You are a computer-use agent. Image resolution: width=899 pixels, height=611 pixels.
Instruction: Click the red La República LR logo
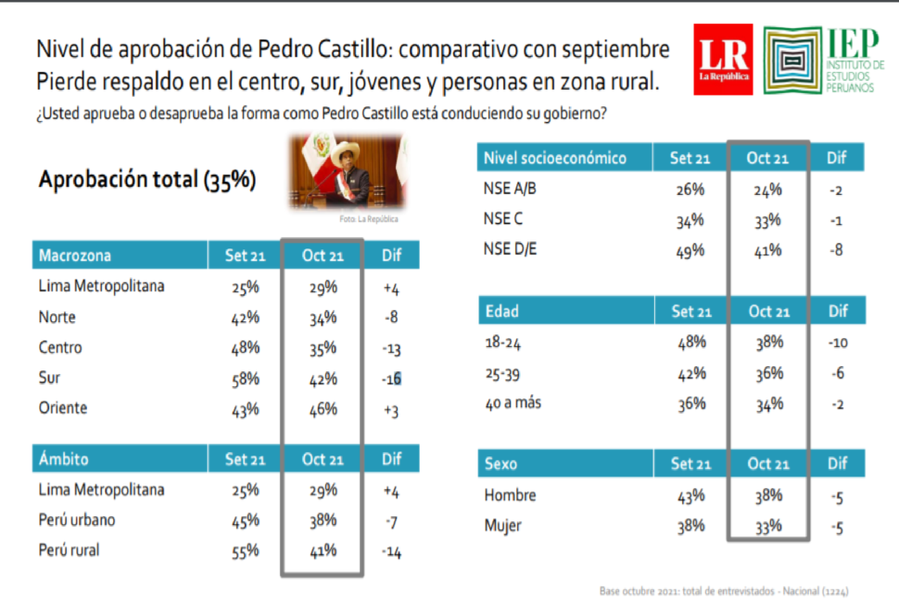point(723,59)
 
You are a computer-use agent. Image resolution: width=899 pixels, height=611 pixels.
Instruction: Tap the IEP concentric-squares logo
point(793,61)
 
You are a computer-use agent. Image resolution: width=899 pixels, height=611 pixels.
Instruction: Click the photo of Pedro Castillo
point(346,171)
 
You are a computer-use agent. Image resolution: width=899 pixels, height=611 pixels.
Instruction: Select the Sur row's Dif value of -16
point(392,379)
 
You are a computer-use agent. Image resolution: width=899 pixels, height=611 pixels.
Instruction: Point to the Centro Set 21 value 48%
point(246,348)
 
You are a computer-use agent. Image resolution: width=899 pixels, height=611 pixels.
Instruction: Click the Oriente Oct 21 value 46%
point(323,409)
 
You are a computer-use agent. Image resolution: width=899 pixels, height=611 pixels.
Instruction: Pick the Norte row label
point(57,317)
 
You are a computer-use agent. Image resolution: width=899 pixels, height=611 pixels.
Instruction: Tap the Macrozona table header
point(76,255)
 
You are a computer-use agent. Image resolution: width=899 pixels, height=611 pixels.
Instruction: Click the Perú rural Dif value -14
point(392,551)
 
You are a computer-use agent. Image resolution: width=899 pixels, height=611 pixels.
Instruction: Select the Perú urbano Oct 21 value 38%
point(323,520)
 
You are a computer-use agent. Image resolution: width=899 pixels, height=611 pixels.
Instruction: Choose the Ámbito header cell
point(63,458)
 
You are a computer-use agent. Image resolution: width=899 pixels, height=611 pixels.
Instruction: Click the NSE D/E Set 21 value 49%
point(690,250)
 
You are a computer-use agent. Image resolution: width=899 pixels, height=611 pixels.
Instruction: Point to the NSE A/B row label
point(510,189)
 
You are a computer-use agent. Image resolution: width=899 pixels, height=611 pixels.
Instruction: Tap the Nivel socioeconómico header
point(555,158)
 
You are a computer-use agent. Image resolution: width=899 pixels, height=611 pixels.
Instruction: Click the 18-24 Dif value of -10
point(838,342)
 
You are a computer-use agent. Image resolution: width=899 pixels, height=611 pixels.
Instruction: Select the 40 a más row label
point(513,403)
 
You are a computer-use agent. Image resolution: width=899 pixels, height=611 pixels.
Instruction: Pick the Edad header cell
point(501,312)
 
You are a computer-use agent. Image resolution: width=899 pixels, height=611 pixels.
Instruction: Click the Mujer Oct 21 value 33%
point(768,526)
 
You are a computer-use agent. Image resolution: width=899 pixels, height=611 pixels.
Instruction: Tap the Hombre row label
point(510,494)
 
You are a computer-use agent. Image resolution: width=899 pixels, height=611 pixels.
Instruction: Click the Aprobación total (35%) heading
point(147,179)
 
